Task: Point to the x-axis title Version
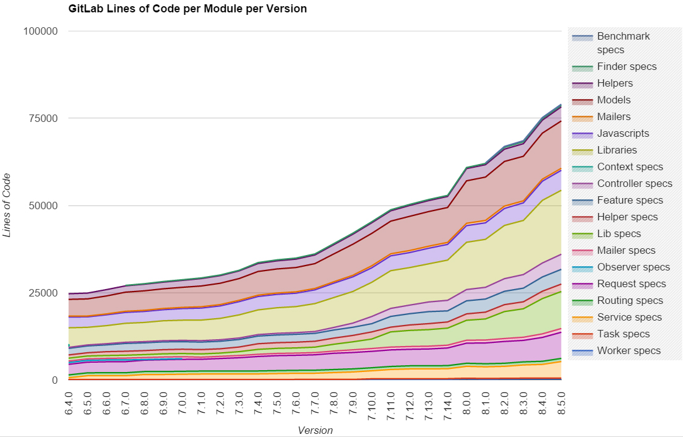click(x=315, y=430)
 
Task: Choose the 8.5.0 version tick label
click(x=561, y=402)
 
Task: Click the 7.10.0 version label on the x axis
click(x=371, y=405)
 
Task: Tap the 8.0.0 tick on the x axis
click(x=465, y=402)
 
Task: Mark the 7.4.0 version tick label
click(x=258, y=402)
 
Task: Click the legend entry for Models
click(x=614, y=100)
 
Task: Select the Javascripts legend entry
click(x=623, y=133)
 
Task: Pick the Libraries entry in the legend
click(x=617, y=150)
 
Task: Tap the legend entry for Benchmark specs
click(x=623, y=43)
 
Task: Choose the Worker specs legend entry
click(x=629, y=350)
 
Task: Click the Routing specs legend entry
click(x=629, y=300)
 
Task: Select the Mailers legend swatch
click(x=582, y=116)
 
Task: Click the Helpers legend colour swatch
click(x=582, y=83)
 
